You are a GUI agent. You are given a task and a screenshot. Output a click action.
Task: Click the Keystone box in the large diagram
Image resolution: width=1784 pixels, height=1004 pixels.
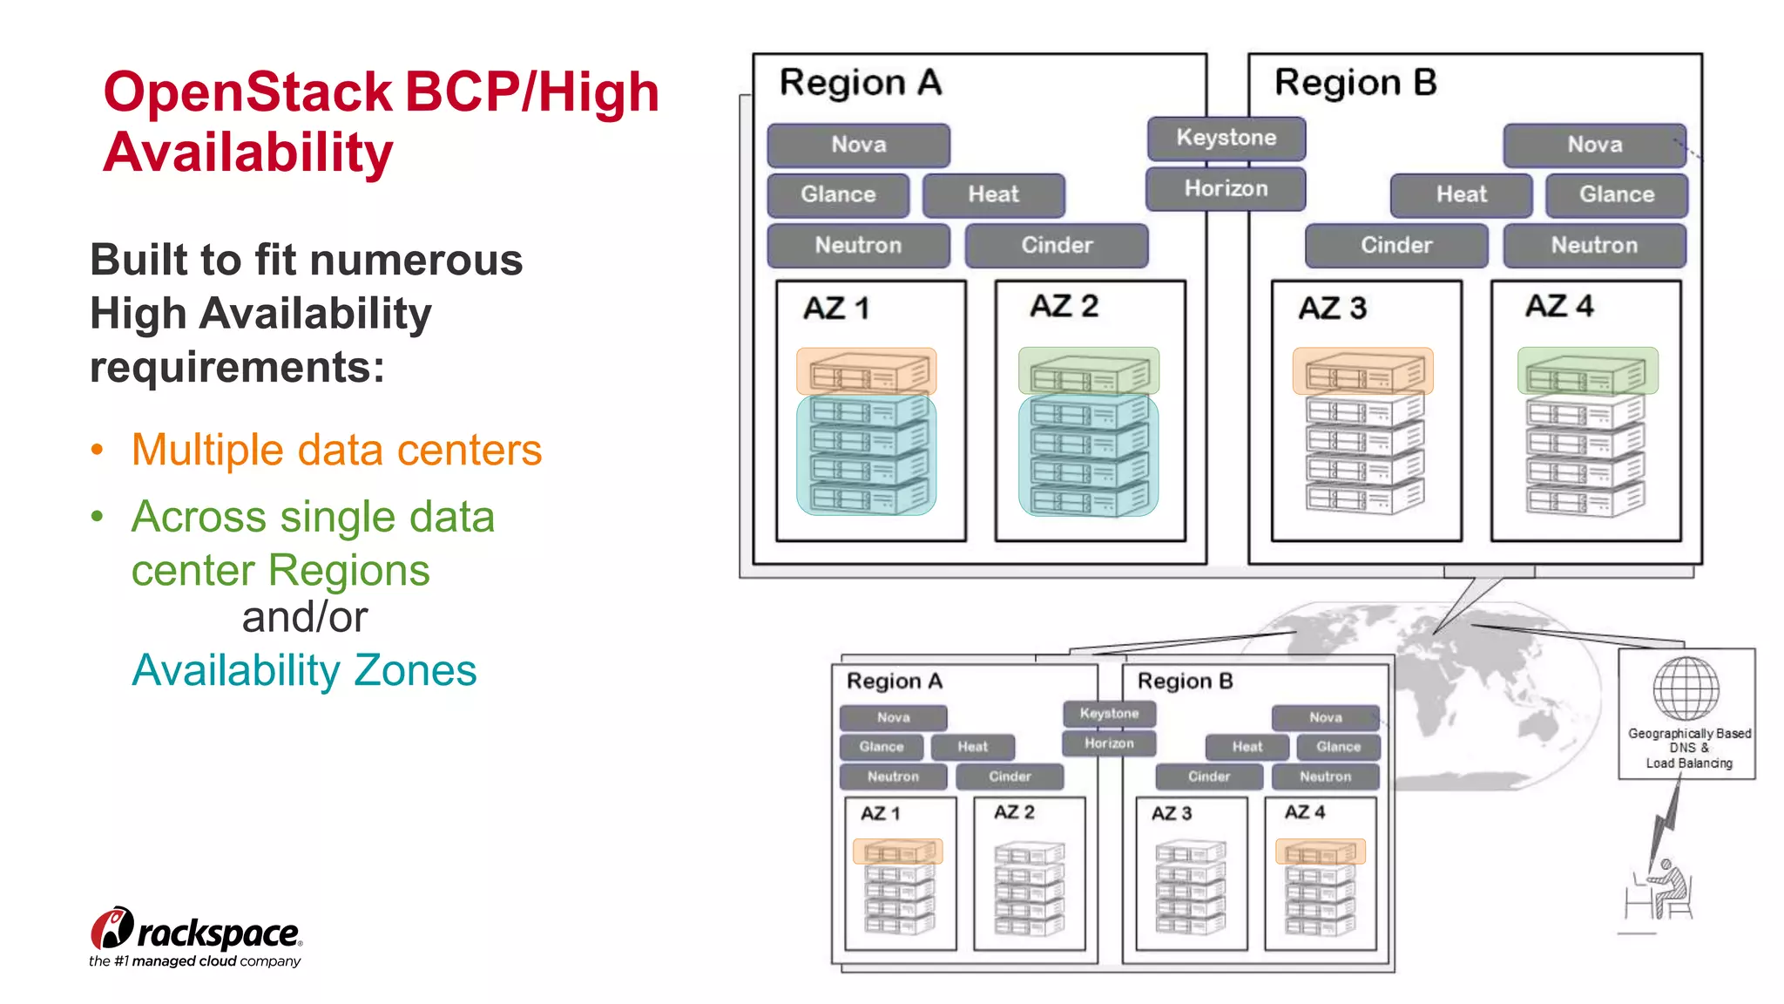1226,139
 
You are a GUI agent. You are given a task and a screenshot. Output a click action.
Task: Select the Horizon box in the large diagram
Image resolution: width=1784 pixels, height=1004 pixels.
1226,189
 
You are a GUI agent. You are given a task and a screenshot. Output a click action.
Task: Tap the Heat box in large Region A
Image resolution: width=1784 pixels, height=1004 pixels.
993,194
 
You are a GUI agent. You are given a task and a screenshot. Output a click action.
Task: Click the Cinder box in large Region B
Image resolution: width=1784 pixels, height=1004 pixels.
1395,245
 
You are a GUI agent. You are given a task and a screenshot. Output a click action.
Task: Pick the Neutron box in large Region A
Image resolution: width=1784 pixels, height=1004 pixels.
858,245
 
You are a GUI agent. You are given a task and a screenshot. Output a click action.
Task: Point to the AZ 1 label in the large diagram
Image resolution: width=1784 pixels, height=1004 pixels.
835,309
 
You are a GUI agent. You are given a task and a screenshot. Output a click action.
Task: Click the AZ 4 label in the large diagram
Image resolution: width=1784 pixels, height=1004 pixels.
1558,307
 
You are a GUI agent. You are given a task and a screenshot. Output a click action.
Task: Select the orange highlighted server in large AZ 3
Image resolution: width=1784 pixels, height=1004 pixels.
1362,372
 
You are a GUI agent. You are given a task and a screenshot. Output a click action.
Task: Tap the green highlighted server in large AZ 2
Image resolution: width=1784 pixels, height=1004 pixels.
1088,372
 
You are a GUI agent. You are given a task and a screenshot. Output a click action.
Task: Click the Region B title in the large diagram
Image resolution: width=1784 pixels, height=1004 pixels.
1355,83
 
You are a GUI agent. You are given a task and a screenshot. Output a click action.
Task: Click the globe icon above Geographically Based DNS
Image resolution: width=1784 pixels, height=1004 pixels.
1686,689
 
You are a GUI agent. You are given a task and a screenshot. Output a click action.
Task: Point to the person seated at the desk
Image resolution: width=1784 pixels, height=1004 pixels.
1666,889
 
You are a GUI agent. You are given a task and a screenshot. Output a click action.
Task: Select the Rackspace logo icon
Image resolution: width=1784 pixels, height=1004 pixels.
111,928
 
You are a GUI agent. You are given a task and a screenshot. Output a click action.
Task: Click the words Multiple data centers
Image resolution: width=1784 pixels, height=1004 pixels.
336,451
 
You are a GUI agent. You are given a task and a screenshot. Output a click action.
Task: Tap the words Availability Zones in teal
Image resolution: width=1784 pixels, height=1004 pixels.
304,671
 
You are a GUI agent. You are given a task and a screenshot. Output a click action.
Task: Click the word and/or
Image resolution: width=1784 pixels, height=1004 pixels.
304,617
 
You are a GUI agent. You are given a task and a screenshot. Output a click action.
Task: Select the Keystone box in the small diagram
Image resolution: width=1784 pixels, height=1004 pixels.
1109,714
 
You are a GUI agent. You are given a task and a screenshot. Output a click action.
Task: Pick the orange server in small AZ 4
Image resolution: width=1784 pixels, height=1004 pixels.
1320,851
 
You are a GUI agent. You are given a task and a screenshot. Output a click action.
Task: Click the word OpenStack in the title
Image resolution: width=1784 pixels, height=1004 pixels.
248,92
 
